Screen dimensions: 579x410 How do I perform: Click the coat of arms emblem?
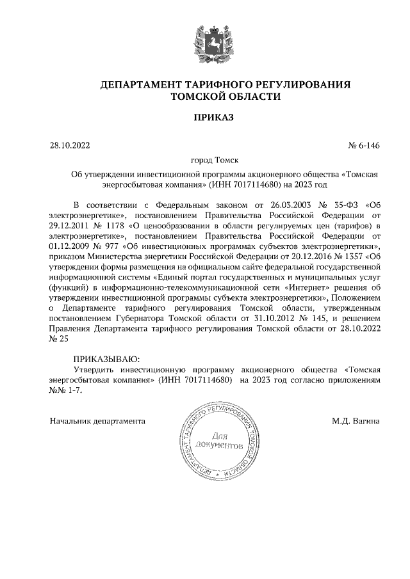coord(206,41)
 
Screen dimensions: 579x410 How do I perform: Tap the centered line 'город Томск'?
coord(205,161)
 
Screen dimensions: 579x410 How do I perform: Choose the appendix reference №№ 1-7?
coord(66,390)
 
